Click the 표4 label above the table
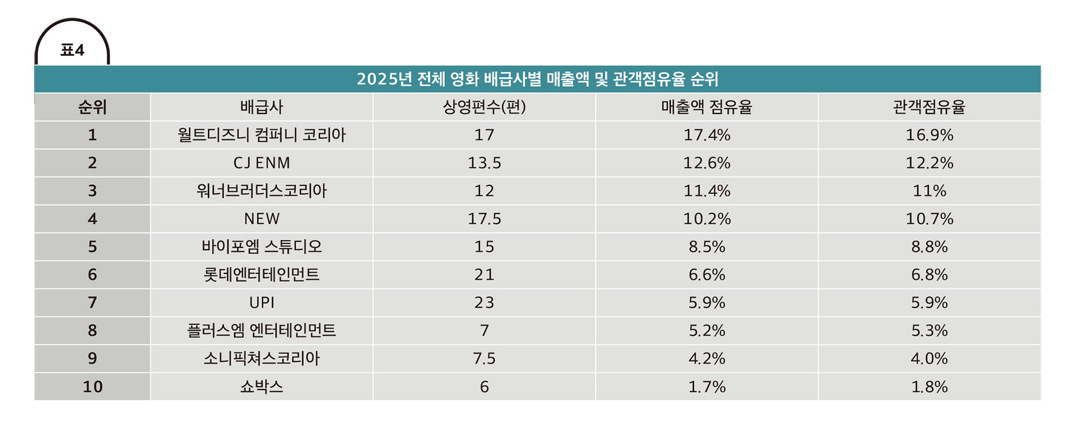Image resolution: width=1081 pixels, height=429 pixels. pyautogui.click(x=72, y=50)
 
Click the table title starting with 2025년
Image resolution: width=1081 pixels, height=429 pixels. pyautogui.click(x=537, y=79)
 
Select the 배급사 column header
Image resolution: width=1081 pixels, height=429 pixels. pyautogui.click(x=262, y=107)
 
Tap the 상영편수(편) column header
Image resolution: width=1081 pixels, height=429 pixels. pyautogui.click(x=484, y=107)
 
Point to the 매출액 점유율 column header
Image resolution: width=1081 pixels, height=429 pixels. pyautogui.click(x=706, y=107)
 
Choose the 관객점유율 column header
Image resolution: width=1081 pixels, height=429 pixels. pyautogui.click(x=929, y=107)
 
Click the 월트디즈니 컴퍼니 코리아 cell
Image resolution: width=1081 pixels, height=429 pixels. pyautogui.click(x=262, y=135)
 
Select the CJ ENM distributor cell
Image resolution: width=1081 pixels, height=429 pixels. pyautogui.click(x=262, y=163)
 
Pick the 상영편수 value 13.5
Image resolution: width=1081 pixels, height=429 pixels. pyautogui.click(x=484, y=163)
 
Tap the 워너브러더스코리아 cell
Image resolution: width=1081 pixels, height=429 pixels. pyautogui.click(x=262, y=191)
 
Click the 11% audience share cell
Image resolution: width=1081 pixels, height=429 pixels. pyautogui.click(x=930, y=191)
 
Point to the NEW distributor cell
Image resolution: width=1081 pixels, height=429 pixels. pyautogui.click(x=262, y=219)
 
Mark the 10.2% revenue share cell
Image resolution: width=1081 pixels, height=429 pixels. pyautogui.click(x=707, y=219)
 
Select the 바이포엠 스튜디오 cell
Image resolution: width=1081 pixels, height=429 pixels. pyautogui.click(x=262, y=247)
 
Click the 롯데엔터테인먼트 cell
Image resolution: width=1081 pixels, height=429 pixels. pyautogui.click(x=262, y=274)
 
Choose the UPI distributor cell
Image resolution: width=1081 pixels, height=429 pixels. pyautogui.click(x=262, y=303)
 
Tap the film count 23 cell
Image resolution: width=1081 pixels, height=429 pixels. pyautogui.click(x=484, y=303)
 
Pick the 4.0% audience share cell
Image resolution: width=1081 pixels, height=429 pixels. pyautogui.click(x=930, y=358)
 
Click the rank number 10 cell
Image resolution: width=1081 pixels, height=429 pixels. pyautogui.click(x=92, y=386)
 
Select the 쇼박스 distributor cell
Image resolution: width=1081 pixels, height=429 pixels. pyautogui.click(x=262, y=386)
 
